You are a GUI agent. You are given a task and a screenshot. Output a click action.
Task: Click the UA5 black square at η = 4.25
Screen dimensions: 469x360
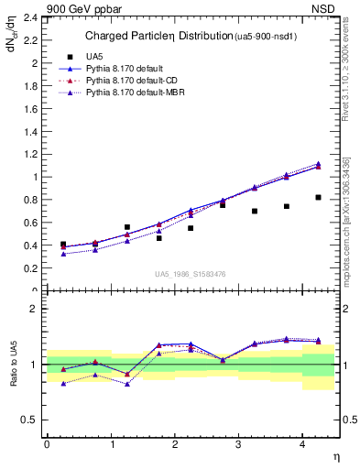coord(318,197)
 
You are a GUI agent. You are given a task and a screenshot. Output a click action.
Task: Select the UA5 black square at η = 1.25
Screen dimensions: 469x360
coord(127,227)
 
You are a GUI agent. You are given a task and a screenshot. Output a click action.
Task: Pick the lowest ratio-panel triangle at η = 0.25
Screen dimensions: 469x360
coord(63,384)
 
